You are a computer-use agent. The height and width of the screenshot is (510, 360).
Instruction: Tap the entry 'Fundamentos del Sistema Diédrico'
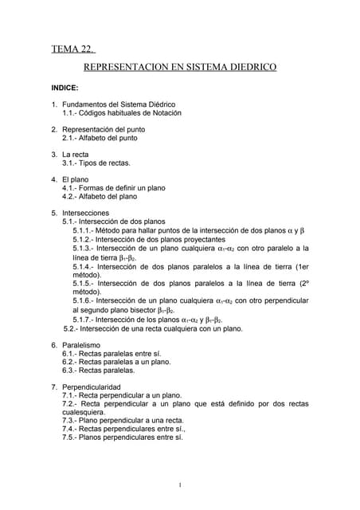(x=119, y=104)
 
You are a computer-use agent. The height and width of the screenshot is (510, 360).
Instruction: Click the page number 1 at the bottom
(x=181, y=485)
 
